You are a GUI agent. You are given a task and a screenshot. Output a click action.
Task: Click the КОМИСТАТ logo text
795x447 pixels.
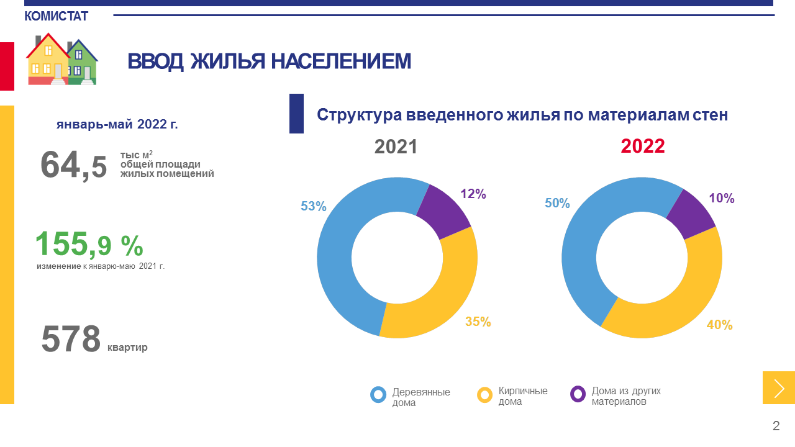[56, 16]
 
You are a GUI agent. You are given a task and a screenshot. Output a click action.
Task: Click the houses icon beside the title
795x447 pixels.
[61, 60]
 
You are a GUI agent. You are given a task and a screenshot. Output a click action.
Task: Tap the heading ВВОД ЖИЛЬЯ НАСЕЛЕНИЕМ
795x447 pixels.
[269, 61]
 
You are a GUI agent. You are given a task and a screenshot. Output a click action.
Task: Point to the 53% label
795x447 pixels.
[314, 206]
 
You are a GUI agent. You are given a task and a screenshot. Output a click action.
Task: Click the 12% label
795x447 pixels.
[473, 194]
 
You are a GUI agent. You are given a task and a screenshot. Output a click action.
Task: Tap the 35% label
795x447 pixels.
[478, 322]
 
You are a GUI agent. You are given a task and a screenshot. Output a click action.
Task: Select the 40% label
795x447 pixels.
[720, 325]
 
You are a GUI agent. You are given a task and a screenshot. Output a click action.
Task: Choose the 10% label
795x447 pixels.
[722, 199]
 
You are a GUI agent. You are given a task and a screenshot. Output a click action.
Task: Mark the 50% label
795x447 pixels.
[557, 203]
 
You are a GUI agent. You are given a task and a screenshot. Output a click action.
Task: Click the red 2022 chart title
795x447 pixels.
[643, 147]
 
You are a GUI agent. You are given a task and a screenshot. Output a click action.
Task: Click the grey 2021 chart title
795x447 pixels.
[396, 147]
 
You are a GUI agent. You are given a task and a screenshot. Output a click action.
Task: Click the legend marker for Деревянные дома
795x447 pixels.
[378, 394]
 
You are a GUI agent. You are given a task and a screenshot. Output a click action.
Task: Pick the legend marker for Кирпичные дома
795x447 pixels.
[485, 394]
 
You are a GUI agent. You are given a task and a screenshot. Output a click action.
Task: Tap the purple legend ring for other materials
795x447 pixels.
[578, 394]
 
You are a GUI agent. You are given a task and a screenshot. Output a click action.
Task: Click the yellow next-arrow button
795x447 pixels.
[779, 388]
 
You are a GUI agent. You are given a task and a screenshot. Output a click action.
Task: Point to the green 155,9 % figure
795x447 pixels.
[89, 245]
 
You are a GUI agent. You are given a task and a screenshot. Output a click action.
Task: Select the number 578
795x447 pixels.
[71, 340]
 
